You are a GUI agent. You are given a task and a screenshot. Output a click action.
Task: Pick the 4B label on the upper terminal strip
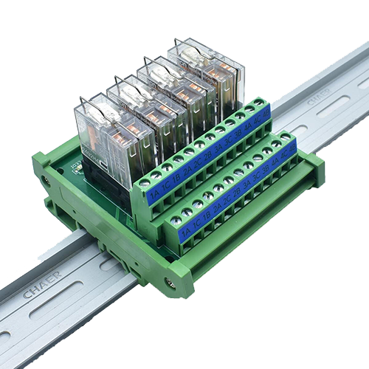(265, 114)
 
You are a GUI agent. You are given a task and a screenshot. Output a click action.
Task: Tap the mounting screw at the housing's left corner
(46, 179)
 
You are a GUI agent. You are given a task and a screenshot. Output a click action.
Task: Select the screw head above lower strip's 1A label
(176, 219)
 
